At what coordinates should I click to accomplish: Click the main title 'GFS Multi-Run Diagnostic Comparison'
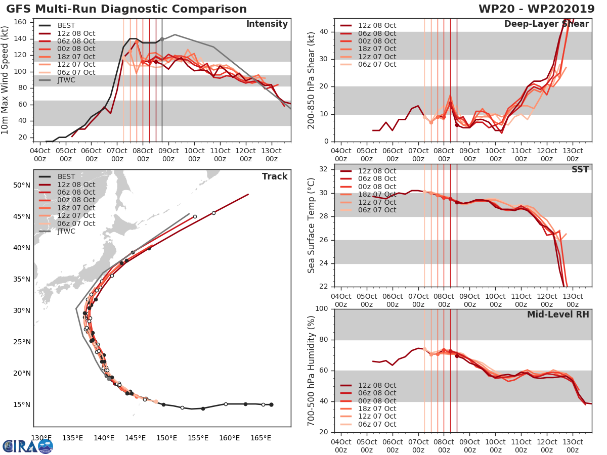click(x=126, y=9)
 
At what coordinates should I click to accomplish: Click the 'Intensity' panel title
click(x=267, y=24)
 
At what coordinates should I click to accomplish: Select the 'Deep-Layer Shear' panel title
click(x=546, y=24)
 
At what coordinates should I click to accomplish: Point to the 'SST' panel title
click(x=580, y=169)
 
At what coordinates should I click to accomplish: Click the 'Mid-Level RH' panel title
click(x=558, y=314)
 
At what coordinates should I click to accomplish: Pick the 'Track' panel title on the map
click(x=275, y=176)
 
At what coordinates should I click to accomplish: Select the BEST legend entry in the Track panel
click(x=66, y=177)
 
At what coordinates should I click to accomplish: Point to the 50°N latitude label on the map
click(x=22, y=186)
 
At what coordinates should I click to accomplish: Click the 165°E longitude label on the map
click(x=261, y=438)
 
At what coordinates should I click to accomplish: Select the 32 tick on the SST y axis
click(x=324, y=169)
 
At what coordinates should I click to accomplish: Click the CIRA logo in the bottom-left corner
click(x=27, y=445)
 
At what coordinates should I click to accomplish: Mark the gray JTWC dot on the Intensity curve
click(x=162, y=39)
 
